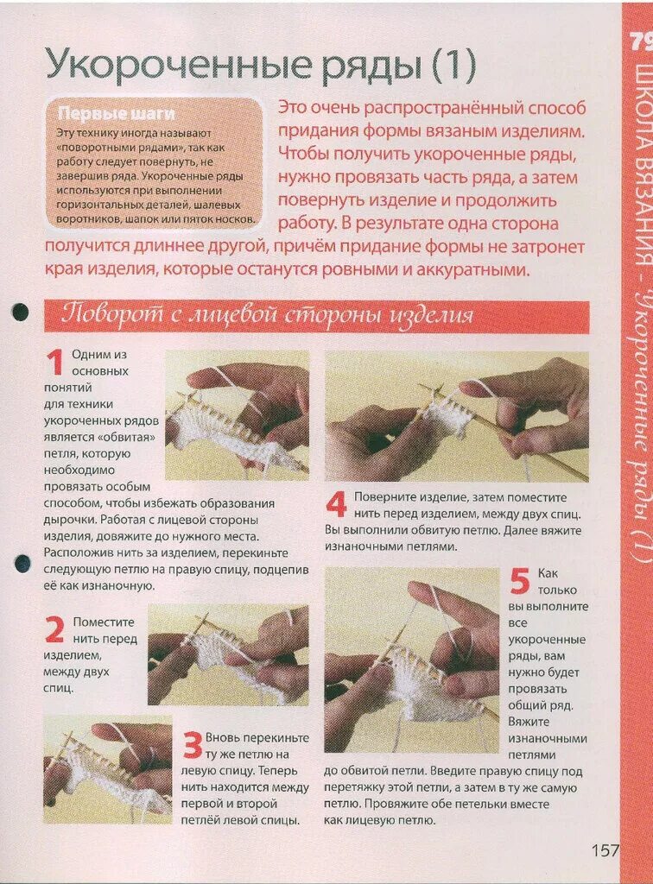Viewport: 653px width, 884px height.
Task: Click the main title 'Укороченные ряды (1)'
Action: [x=260, y=64]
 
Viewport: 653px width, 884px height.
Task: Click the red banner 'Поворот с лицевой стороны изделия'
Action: [x=267, y=315]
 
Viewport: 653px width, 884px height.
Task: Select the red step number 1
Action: [x=54, y=363]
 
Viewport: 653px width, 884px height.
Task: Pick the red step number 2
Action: [x=54, y=630]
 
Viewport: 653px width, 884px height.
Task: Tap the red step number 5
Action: [x=518, y=581]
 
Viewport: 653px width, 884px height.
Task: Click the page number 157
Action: [x=605, y=850]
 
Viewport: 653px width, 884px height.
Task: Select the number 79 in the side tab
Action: [x=640, y=41]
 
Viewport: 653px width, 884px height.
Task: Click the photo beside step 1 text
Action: [x=237, y=412]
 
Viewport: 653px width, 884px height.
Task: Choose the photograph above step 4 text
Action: [x=456, y=416]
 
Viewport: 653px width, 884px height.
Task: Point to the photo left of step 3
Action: [x=107, y=768]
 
